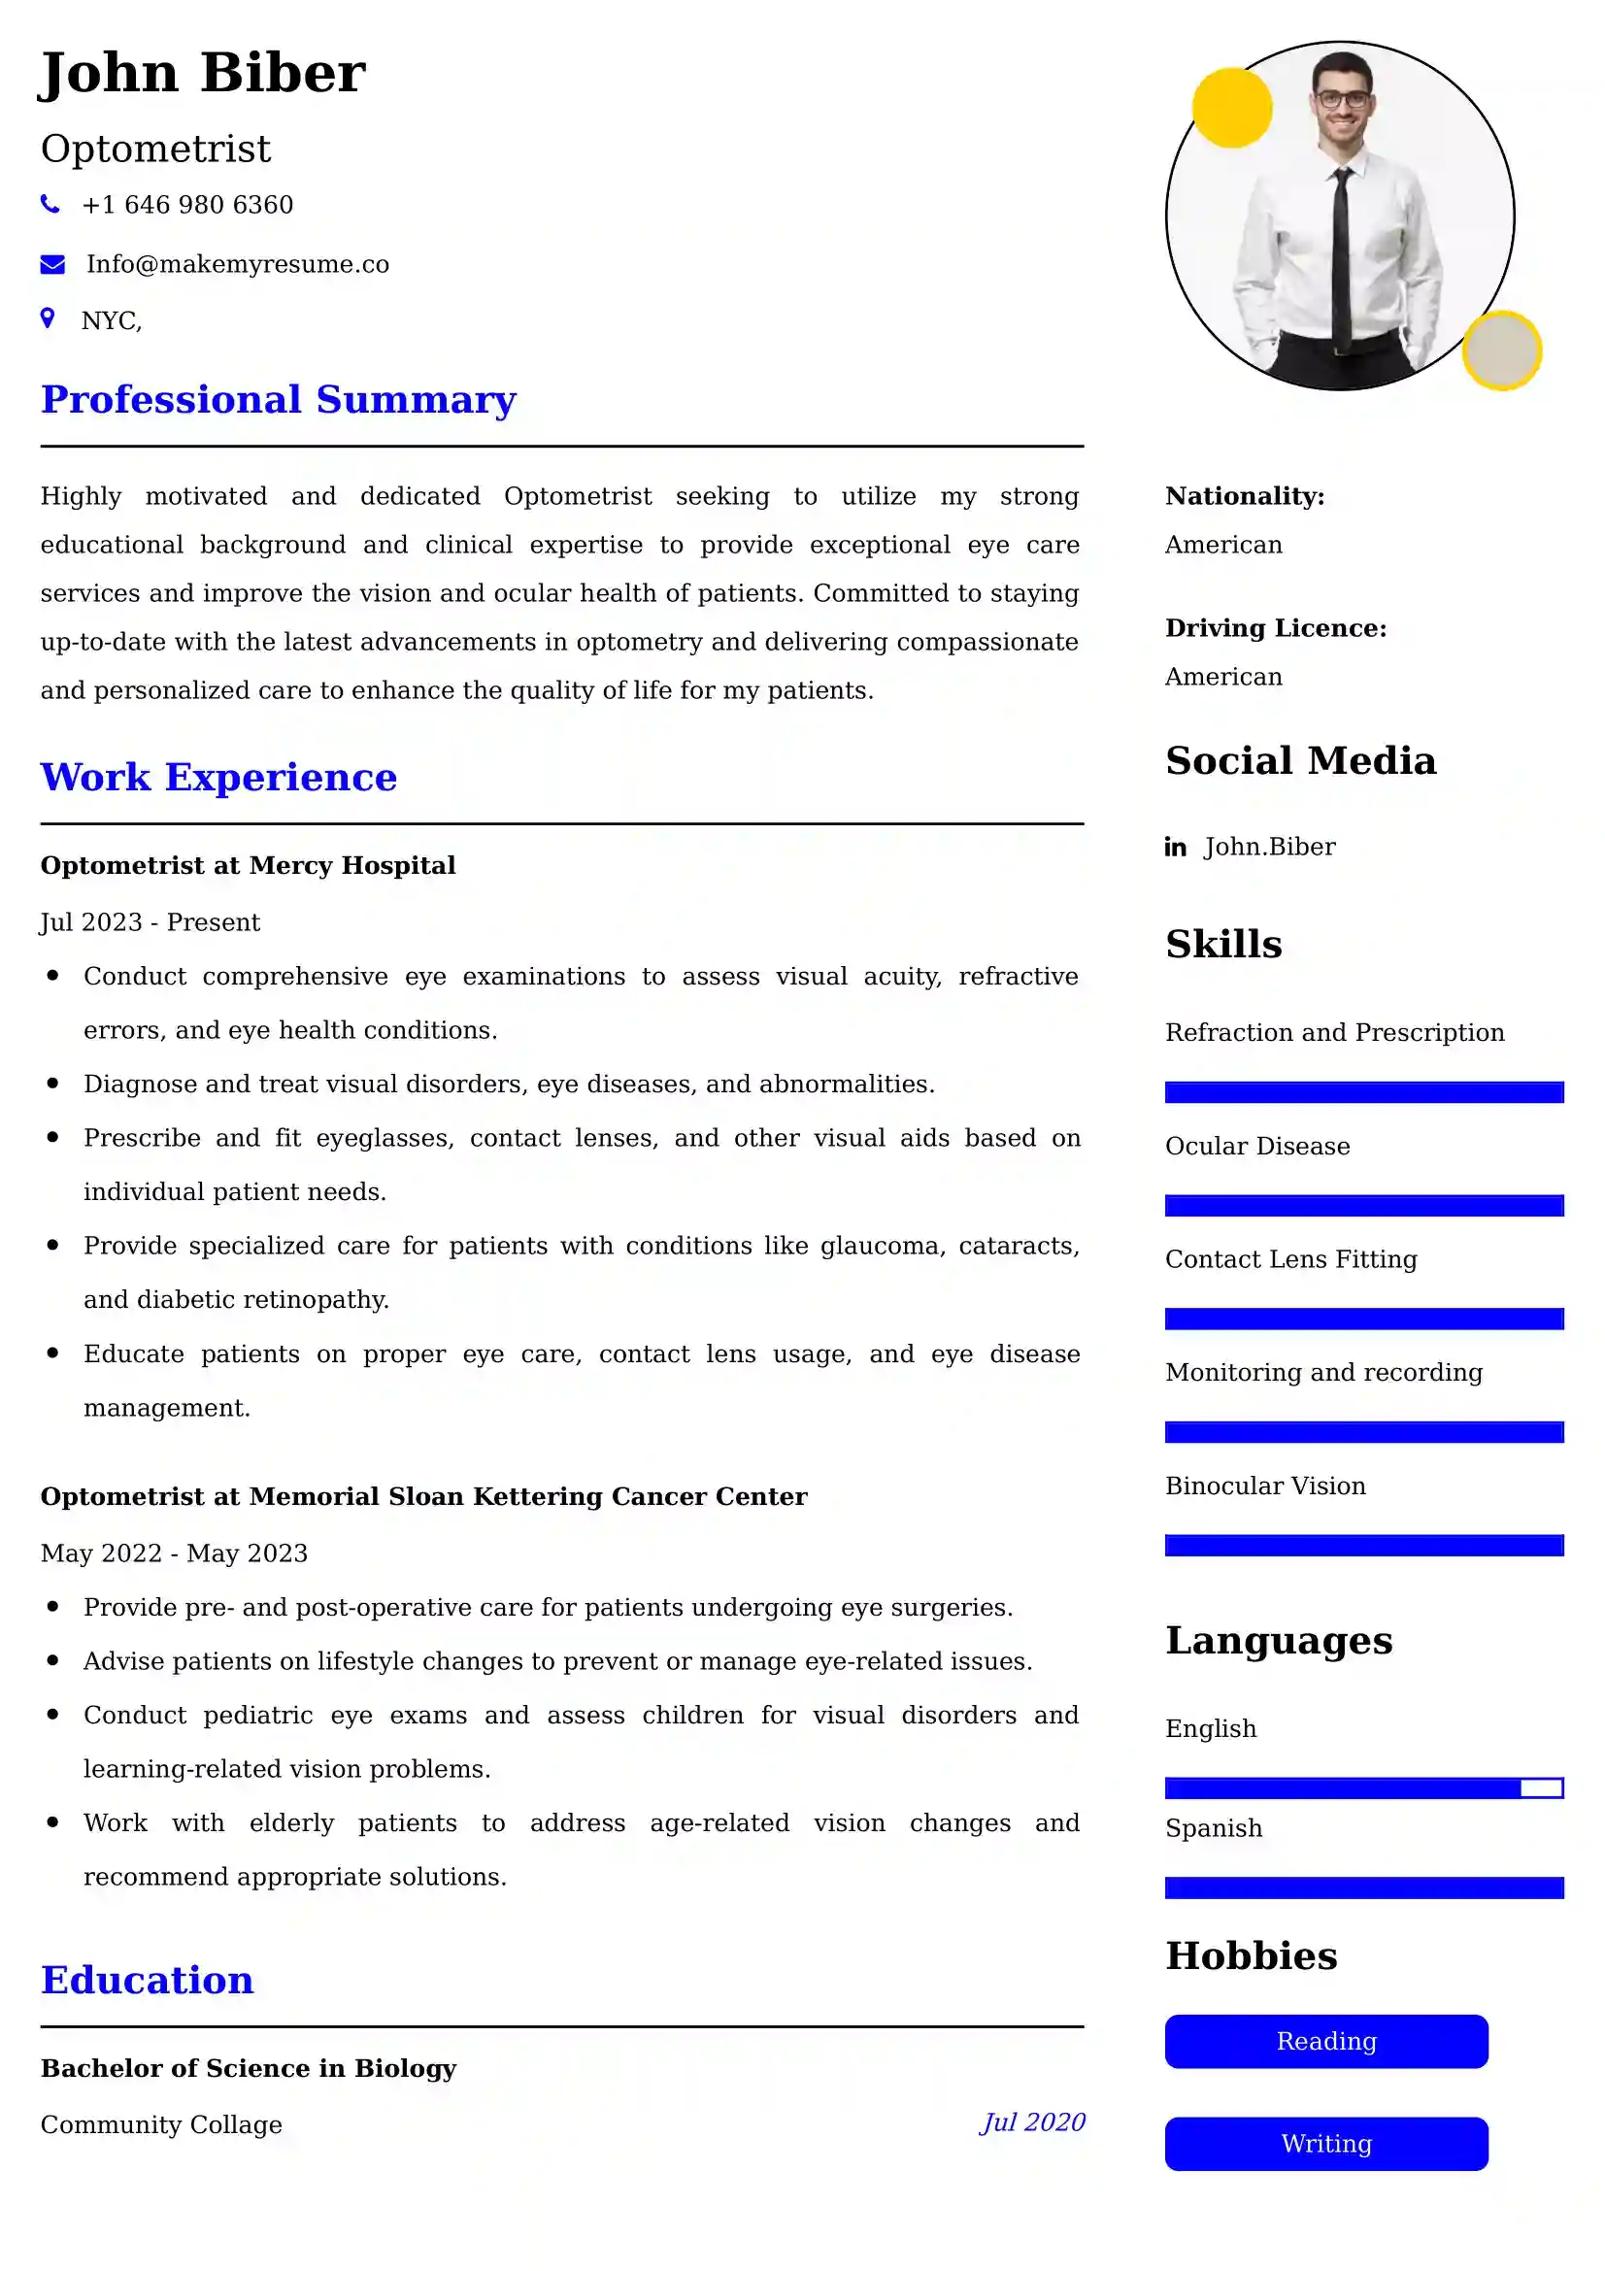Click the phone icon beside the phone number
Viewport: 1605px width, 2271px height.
[x=50, y=205]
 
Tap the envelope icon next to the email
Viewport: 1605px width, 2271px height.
[x=52, y=264]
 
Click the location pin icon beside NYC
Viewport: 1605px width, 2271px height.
[x=48, y=317]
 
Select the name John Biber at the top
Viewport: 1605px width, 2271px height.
[x=203, y=73]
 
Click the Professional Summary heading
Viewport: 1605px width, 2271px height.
[x=278, y=400]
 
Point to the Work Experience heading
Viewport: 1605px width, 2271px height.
[x=218, y=778]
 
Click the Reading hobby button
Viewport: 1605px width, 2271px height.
[x=1325, y=2042]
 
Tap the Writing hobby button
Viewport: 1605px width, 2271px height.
[x=1325, y=2144]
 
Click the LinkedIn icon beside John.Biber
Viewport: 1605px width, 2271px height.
[x=1175, y=847]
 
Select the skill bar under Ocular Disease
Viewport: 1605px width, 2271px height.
[x=1363, y=1205]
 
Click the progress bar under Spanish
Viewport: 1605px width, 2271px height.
[x=1363, y=1887]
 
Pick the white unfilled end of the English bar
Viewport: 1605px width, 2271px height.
[x=1541, y=1787]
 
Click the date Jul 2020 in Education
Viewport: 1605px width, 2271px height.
[x=1032, y=2121]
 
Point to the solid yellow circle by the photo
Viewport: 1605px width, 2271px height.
[x=1231, y=108]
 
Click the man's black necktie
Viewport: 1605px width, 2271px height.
[x=1341, y=257]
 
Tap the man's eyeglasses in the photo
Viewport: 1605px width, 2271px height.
[x=1342, y=99]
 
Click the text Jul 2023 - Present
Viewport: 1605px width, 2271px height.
[x=150, y=921]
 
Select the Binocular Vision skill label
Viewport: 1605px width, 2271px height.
[x=1265, y=1486]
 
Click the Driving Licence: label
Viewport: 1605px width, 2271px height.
[x=1276, y=628]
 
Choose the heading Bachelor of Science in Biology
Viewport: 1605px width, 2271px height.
[x=249, y=2068]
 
